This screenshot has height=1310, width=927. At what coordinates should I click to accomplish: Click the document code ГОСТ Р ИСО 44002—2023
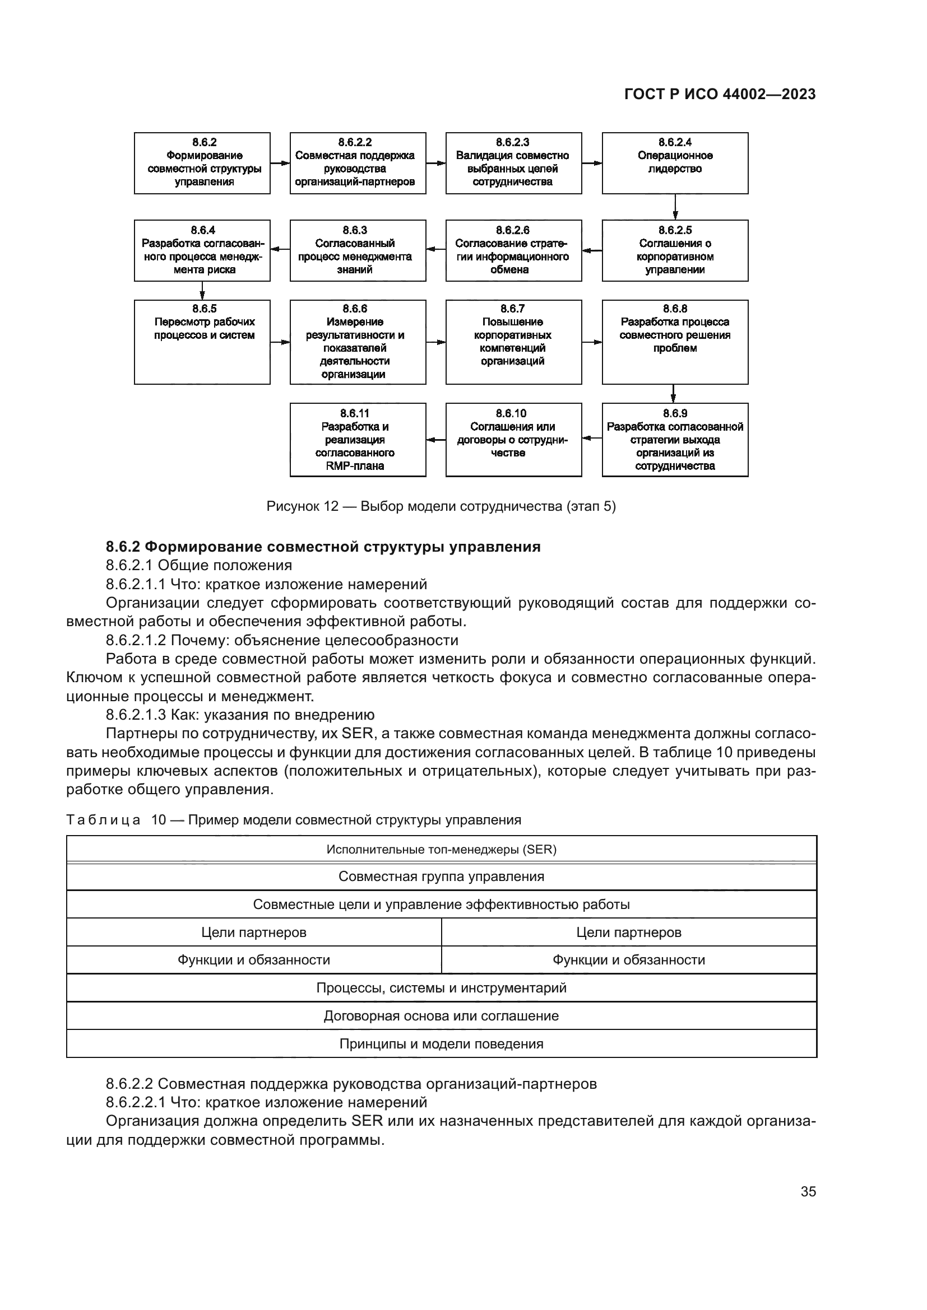tap(720, 94)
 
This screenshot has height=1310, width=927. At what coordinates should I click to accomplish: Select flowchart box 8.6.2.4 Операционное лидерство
tap(675, 162)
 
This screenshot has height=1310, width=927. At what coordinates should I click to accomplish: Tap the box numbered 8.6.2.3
tap(513, 162)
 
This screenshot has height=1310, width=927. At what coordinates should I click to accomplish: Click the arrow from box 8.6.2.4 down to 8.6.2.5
tap(675, 207)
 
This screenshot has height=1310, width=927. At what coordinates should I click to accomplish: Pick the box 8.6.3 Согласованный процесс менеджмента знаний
tap(358, 250)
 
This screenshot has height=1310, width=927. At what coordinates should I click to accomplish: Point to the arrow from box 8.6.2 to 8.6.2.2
tap(280, 163)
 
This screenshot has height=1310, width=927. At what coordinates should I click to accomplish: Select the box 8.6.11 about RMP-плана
tap(358, 439)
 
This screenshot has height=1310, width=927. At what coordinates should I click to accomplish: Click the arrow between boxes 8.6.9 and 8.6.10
tap(592, 439)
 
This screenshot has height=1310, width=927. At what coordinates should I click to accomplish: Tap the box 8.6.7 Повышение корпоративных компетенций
tap(513, 341)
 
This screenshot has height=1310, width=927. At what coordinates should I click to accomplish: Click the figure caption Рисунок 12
tap(441, 506)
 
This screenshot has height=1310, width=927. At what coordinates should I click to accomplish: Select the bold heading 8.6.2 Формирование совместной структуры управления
tap(322, 547)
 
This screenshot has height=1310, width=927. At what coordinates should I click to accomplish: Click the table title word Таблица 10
tap(116, 820)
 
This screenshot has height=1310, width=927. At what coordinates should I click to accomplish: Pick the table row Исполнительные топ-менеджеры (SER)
tap(441, 849)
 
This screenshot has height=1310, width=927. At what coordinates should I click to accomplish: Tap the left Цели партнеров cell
tap(253, 933)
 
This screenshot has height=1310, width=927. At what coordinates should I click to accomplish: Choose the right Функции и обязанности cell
tap(628, 960)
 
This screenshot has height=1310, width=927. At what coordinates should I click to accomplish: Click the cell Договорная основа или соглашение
tap(441, 1015)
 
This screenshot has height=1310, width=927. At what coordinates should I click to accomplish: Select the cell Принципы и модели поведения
tap(441, 1043)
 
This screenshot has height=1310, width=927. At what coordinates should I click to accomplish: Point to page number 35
tap(808, 1191)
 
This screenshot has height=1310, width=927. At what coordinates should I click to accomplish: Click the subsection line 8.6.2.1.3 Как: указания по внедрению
tap(240, 715)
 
